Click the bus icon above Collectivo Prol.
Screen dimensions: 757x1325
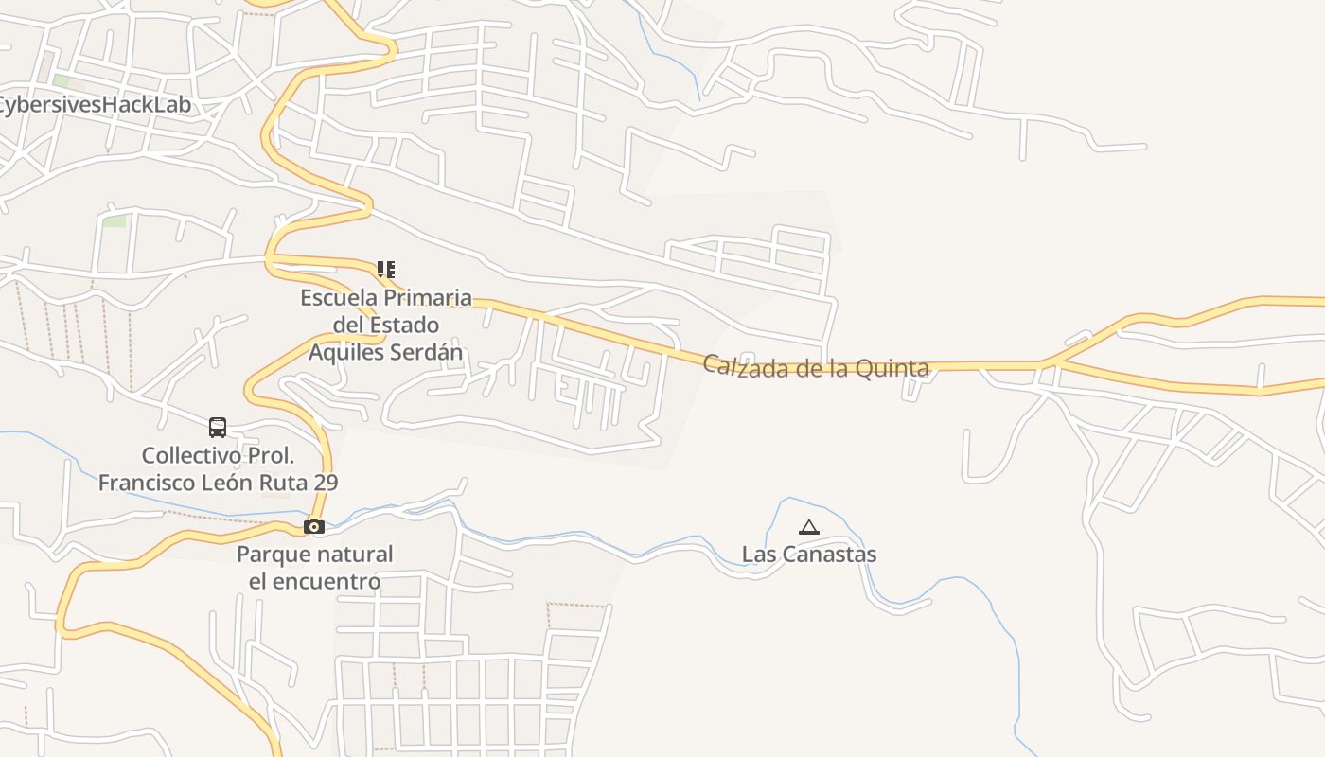[218, 428]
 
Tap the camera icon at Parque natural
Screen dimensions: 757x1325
[313, 526]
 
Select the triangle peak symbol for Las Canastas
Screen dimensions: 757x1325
[808, 528]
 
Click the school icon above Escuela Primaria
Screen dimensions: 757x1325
[385, 270]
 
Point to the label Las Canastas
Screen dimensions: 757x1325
[808, 555]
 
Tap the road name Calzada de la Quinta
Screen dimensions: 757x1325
[816, 367]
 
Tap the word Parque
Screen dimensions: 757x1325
[274, 555]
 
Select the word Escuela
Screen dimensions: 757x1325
[336, 298]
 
